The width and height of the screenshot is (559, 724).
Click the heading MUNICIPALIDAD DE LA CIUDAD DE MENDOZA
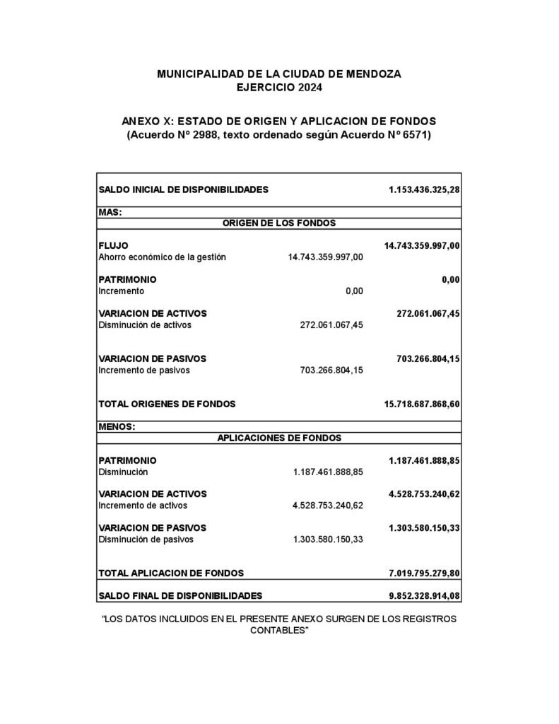[278, 74]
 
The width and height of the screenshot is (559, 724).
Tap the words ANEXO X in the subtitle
[143, 121]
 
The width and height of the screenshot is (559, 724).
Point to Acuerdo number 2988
[205, 134]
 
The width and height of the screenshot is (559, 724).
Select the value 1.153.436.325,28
[424, 189]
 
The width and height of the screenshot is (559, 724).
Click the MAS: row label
[110, 211]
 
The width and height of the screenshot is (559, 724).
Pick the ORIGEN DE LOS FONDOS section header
[279, 223]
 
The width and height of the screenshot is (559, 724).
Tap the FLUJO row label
[114, 245]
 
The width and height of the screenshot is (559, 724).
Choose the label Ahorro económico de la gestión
[162, 257]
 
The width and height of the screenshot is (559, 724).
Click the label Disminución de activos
[145, 325]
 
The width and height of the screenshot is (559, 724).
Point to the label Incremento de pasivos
[144, 370]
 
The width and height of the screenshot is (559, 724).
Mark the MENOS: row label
[117, 426]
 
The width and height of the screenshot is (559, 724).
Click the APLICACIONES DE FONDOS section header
[279, 438]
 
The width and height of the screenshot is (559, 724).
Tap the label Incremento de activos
[143, 506]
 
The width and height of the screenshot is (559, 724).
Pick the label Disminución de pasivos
[146, 539]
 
